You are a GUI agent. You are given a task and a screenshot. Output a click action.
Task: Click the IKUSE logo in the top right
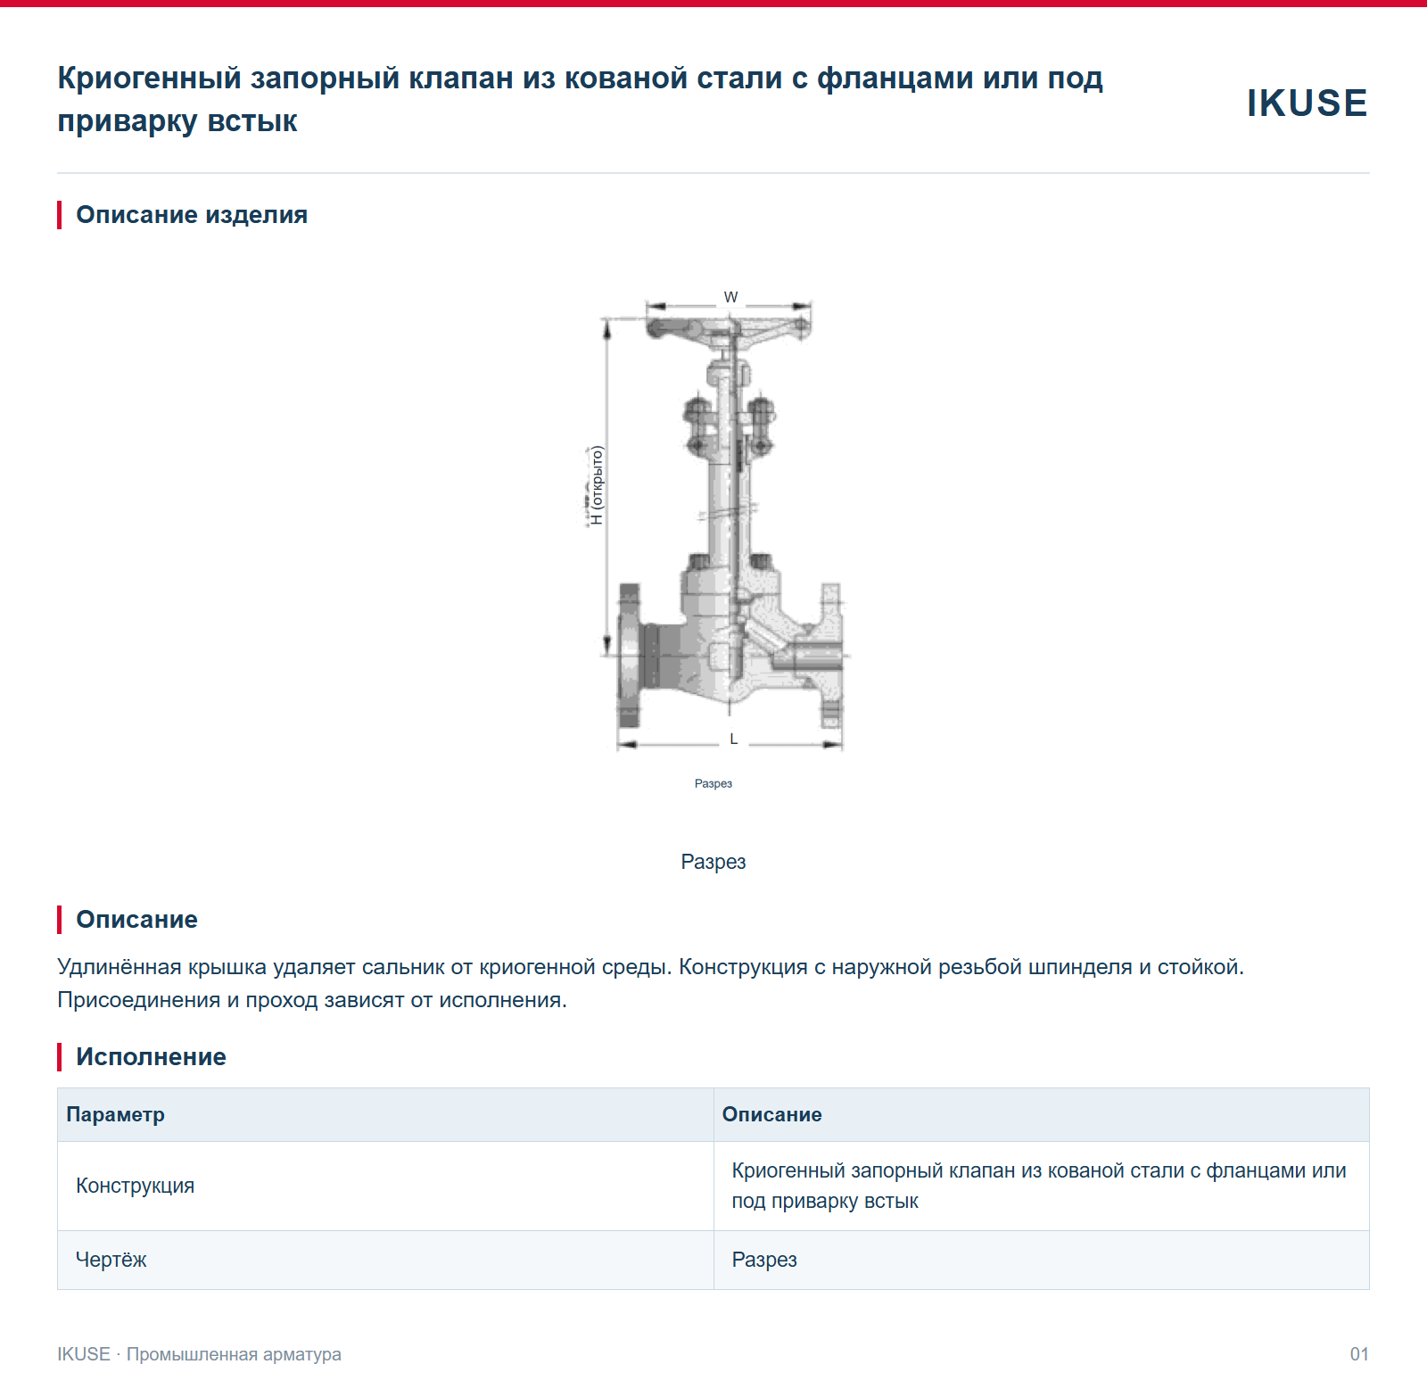1307,103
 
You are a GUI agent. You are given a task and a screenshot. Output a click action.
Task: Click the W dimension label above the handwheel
731,297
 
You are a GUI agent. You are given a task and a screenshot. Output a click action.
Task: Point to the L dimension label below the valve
734,739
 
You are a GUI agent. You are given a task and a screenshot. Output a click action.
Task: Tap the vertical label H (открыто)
597,485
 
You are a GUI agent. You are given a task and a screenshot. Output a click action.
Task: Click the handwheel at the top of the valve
729,327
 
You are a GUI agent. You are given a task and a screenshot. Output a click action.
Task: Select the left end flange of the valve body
630,656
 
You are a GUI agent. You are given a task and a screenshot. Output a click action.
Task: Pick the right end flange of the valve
831,656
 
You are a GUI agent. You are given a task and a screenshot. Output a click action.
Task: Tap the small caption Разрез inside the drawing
713,783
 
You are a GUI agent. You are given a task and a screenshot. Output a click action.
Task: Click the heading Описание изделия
192,215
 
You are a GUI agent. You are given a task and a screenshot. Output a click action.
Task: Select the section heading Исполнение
151,1057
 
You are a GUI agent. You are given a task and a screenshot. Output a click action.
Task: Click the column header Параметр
115,1114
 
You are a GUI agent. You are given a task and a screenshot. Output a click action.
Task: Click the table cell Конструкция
135,1186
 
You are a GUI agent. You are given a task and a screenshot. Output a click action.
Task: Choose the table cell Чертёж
111,1260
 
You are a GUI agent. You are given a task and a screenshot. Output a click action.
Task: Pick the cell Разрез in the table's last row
764,1260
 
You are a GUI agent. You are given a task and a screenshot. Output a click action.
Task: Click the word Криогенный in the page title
149,79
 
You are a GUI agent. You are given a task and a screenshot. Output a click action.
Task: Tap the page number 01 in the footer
1359,1354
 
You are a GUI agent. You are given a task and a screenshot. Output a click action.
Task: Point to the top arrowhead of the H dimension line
607,328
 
